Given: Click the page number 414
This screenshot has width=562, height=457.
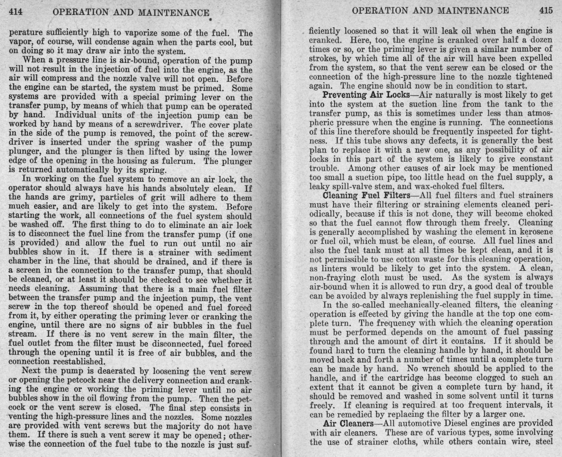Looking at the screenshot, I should (x=16, y=12).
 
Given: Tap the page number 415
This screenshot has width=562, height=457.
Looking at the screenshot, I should (x=546, y=10).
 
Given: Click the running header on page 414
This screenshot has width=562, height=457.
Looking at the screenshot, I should (x=131, y=12).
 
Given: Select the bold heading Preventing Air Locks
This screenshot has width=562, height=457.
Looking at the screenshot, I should (x=366, y=95).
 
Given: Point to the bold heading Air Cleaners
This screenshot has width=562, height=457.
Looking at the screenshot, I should (x=348, y=424).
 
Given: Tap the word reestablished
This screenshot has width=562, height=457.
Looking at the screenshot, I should (x=79, y=362).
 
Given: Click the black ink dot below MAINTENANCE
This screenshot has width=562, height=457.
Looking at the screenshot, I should (x=211, y=20).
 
